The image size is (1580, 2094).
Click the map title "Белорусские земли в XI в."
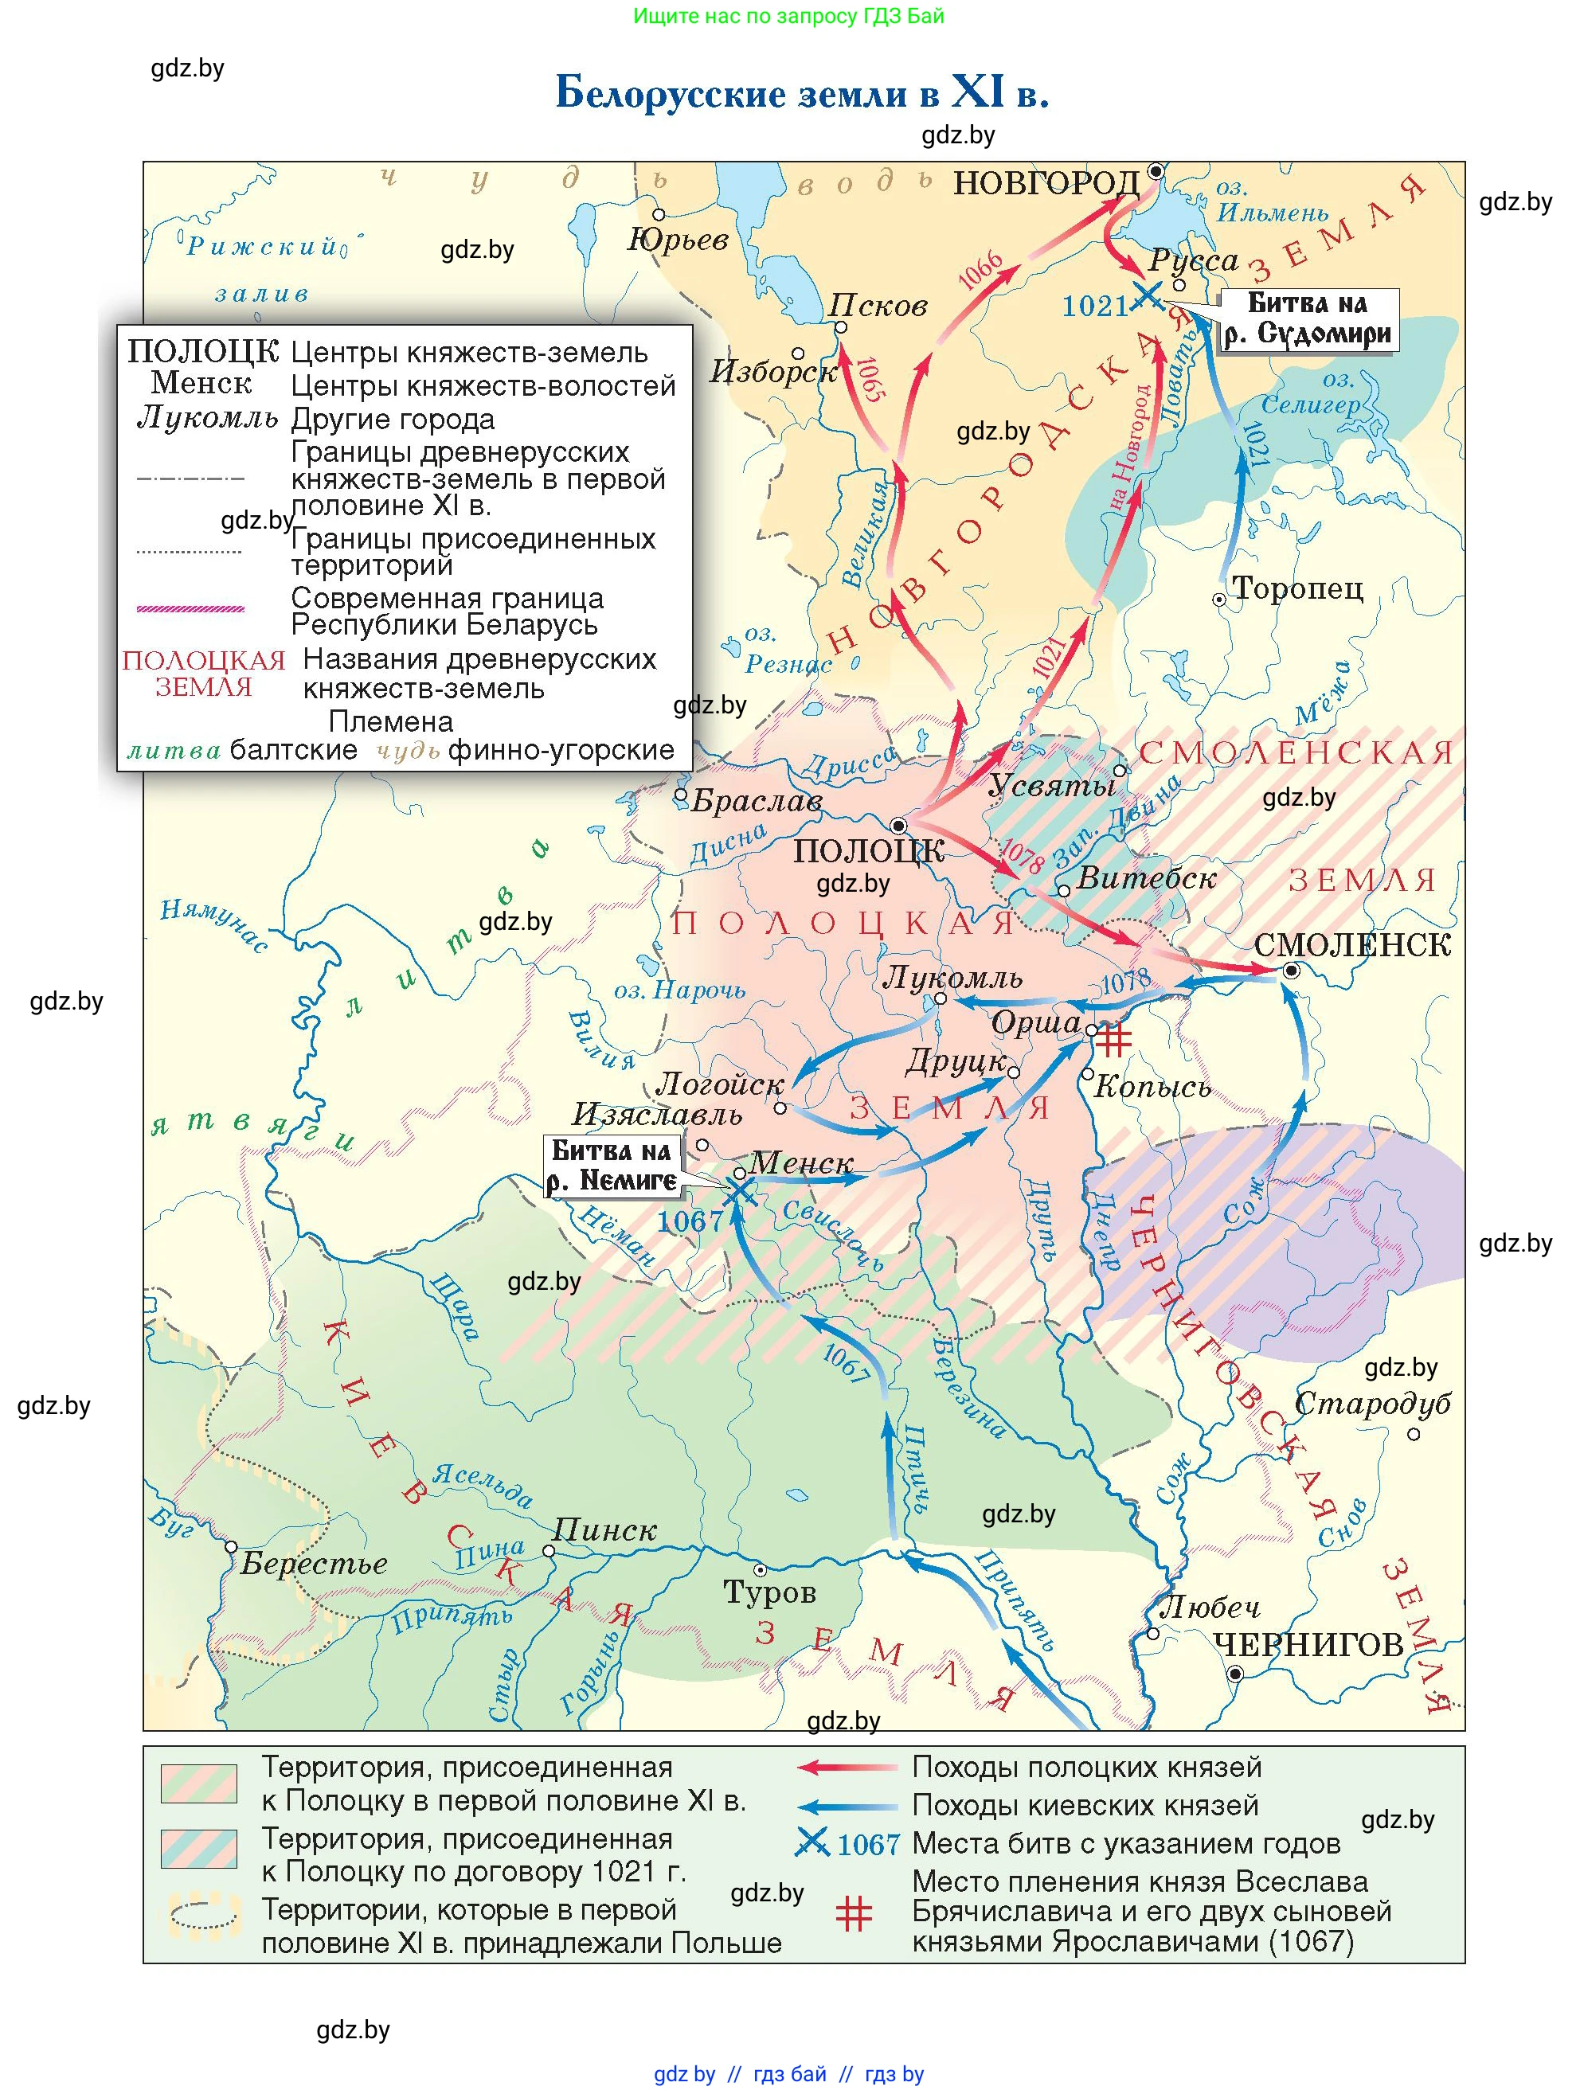[x=801, y=94]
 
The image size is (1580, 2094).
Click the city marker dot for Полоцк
[x=899, y=825]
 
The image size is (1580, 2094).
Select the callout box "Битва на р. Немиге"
[x=612, y=1166]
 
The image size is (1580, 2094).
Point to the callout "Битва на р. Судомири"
[x=1308, y=319]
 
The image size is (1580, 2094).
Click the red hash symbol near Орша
[x=1113, y=1038]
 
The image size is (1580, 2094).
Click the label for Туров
[x=768, y=1592]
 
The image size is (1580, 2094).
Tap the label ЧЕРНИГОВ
[x=1308, y=1645]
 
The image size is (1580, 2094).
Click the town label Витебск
[x=1145, y=877]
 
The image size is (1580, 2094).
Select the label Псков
[x=878, y=305]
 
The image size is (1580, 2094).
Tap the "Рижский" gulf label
[x=261, y=247]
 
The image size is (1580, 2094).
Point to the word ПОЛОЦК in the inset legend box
[x=202, y=352]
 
